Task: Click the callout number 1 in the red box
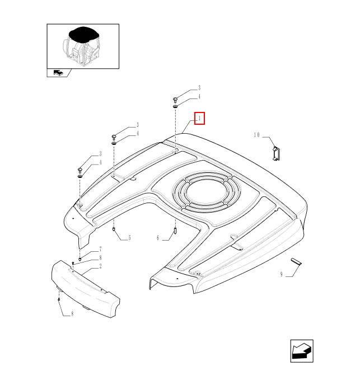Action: pyautogui.click(x=199, y=119)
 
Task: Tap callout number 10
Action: pyautogui.click(x=256, y=135)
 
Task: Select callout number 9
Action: pyautogui.click(x=282, y=274)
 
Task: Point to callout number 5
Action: pyautogui.click(x=129, y=238)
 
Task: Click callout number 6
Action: pyautogui.click(x=158, y=238)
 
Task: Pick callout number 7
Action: pyautogui.click(x=101, y=249)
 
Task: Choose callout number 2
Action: pyautogui.click(x=101, y=266)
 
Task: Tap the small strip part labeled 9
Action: pyautogui.click(x=296, y=261)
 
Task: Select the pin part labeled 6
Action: pyautogui.click(x=175, y=231)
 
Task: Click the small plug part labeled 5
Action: pyautogui.click(x=114, y=229)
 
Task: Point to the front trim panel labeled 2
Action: pyautogui.click(x=85, y=289)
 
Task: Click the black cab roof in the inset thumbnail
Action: pyautogui.click(x=83, y=34)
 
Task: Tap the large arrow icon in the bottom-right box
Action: pyautogui.click(x=302, y=351)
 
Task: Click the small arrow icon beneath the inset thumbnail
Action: pyautogui.click(x=59, y=73)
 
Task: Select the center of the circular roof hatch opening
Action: pyautogui.click(x=206, y=192)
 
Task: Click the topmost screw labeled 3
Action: pyautogui.click(x=175, y=100)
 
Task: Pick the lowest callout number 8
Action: pyautogui.click(x=72, y=314)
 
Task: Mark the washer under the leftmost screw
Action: pyautogui.click(x=80, y=176)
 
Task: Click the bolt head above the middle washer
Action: pyautogui.click(x=114, y=137)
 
